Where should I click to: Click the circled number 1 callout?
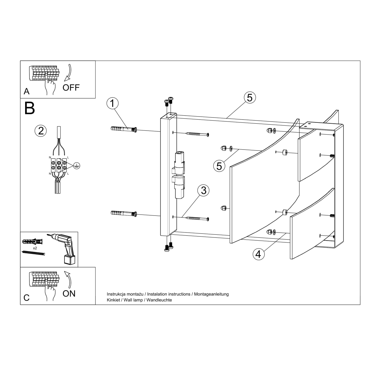coord(113,103)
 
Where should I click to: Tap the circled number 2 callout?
coord(41,131)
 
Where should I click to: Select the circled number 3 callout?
coord(203,191)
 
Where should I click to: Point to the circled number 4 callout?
coord(259,254)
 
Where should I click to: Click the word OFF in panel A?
coord(71,88)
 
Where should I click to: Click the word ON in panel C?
coord(69,294)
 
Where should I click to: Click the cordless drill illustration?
coord(62,248)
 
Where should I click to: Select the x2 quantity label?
coord(35,248)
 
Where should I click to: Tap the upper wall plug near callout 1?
coord(124,129)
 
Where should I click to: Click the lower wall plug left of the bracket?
coord(124,213)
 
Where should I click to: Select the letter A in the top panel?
coord(27,91)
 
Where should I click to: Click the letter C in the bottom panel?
coord(26,298)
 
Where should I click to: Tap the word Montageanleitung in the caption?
coord(211,294)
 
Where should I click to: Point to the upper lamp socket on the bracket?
coord(179,162)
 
